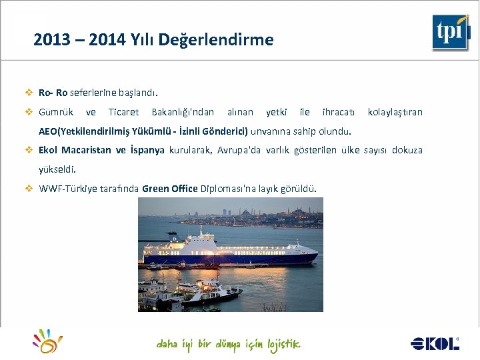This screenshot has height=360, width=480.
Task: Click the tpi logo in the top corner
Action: tap(451, 32)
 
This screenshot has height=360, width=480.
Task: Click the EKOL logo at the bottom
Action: tap(435, 343)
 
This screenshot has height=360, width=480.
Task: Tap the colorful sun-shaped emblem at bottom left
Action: tap(48, 341)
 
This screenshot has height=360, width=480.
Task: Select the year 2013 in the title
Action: tap(51, 40)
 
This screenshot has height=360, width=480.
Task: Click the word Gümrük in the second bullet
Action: tap(56, 112)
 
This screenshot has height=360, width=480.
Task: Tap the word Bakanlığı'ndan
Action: tap(183, 112)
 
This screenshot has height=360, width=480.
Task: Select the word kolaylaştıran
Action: tap(395, 112)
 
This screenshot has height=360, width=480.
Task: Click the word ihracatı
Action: tap(339, 112)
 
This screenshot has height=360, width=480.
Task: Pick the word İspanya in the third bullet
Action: tap(147, 150)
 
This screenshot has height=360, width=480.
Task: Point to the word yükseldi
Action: tap(57, 169)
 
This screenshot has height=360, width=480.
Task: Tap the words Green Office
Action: tap(169, 189)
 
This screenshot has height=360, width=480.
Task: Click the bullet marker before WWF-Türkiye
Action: tap(29, 189)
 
